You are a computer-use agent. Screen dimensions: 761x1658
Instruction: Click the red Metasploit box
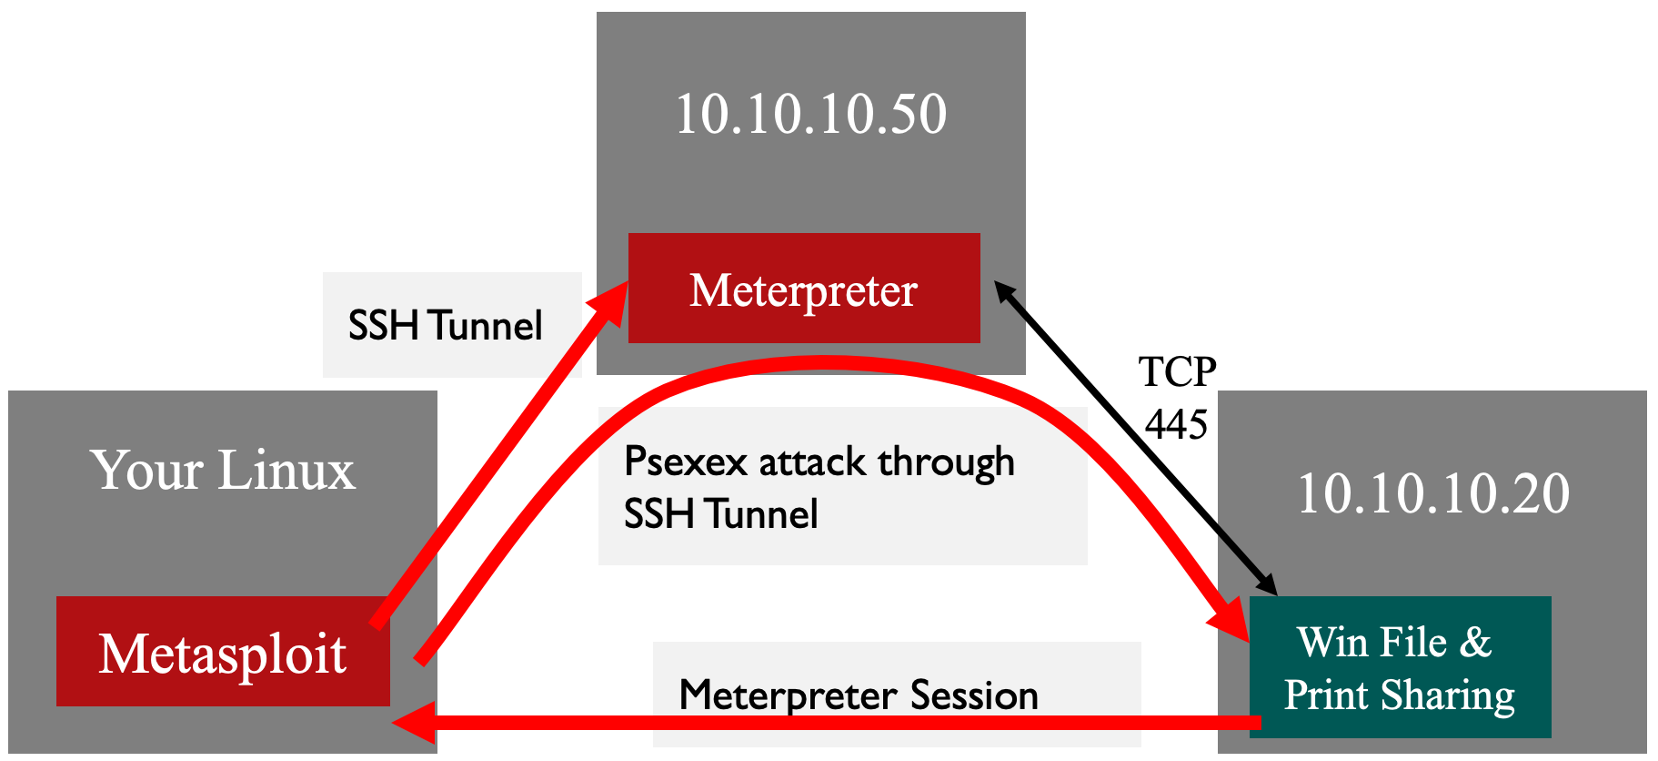point(223,652)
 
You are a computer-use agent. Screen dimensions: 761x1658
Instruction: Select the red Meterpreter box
point(804,289)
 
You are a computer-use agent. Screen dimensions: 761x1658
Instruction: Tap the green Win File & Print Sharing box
point(1400,667)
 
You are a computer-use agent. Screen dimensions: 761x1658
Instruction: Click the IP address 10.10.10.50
point(811,115)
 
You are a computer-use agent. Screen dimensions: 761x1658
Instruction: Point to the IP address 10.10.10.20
point(1433,494)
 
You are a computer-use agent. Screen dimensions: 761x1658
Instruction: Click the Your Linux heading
point(223,471)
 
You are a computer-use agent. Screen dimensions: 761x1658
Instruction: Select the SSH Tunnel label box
point(452,325)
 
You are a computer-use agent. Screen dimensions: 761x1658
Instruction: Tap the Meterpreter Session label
point(858,695)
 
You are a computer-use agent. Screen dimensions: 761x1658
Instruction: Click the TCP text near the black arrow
point(1177,372)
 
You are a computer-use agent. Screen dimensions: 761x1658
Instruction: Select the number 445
point(1176,424)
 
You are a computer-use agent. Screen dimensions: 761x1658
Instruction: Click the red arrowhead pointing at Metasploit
point(411,723)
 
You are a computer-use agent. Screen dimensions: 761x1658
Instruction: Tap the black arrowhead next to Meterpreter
point(1004,291)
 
